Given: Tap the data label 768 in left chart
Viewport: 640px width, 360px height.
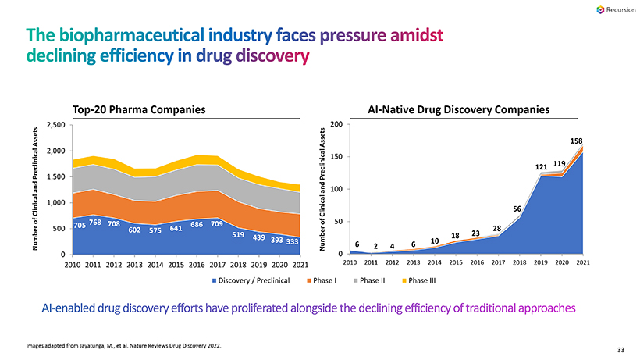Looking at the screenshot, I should [95, 223].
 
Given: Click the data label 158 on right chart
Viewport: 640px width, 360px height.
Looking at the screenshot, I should [576, 141].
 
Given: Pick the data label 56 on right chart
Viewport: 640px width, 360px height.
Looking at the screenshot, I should [517, 209].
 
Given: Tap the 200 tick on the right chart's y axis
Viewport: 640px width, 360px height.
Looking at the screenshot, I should [336, 125].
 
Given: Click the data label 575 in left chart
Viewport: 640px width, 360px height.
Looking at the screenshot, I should [156, 231].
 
